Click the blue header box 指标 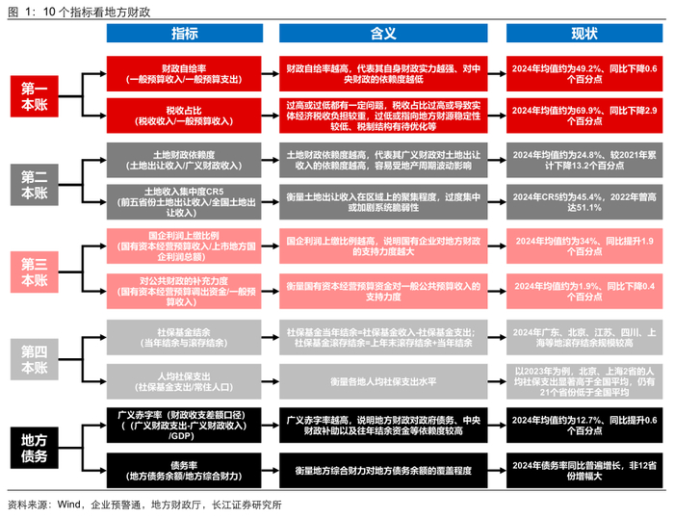[185, 34]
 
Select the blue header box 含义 [383, 34]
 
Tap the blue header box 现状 [584, 34]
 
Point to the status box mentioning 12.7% [584, 426]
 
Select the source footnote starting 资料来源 [144, 505]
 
